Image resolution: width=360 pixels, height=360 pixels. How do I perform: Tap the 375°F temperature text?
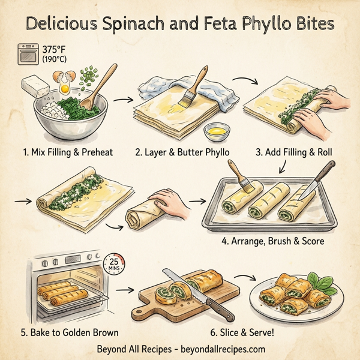pos(56,49)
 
